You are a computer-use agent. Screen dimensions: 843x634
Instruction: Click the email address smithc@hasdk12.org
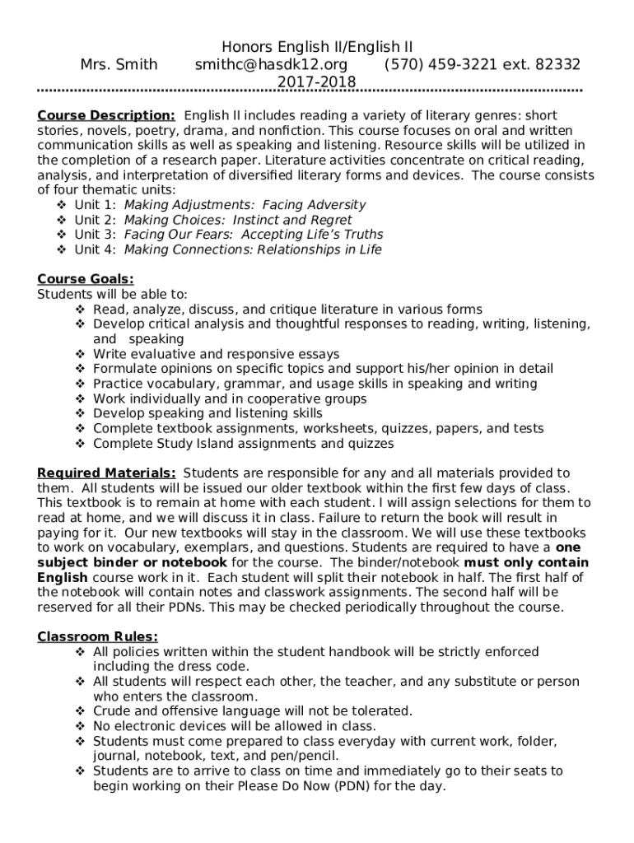click(x=271, y=64)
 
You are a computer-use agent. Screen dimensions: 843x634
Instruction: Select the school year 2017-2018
click(x=316, y=82)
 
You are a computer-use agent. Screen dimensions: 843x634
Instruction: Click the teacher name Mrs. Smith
click(x=119, y=64)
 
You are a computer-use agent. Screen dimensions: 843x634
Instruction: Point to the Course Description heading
click(x=105, y=115)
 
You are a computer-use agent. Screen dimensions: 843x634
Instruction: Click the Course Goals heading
click(x=86, y=279)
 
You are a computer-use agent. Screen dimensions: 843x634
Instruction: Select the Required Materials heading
click(x=106, y=473)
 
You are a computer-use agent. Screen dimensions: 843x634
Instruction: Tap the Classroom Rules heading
click(x=98, y=636)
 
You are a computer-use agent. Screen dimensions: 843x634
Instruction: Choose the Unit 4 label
click(x=95, y=249)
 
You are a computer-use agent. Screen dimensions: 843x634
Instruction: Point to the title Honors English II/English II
click(x=317, y=47)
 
